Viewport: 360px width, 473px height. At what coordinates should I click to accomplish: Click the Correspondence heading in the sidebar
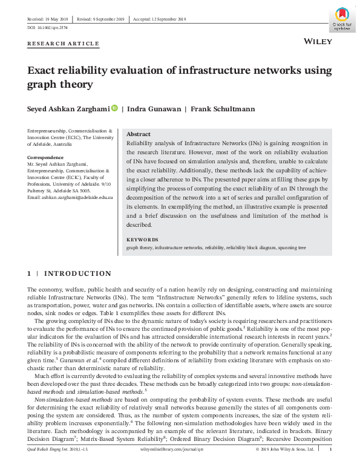[x=46, y=157]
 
